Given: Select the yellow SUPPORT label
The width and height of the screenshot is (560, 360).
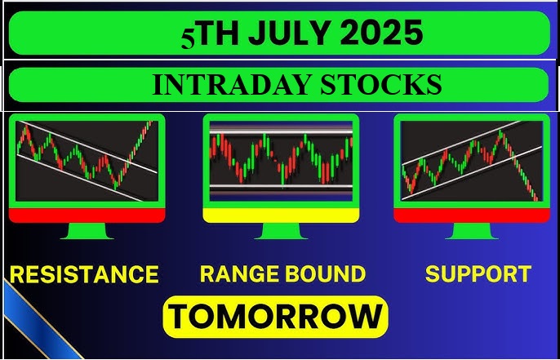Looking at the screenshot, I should (478, 274).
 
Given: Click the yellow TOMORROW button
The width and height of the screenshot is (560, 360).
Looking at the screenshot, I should (276, 316).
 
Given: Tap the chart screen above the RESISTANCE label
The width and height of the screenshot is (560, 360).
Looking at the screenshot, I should (87, 160).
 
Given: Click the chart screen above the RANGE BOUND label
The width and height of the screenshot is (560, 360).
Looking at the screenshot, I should (281, 160).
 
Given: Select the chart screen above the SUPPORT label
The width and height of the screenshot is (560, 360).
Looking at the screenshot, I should (470, 160).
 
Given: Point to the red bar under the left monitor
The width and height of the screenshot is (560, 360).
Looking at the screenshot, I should (87, 216).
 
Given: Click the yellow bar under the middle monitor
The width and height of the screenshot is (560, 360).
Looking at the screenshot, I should (281, 216).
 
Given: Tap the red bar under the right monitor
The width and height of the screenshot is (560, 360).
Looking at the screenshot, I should (470, 216).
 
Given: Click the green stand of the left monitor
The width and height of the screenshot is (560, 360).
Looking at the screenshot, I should (87, 231).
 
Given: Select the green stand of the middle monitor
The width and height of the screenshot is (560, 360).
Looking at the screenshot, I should (281, 231).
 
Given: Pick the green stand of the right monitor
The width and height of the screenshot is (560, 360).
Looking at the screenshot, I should (470, 231).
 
